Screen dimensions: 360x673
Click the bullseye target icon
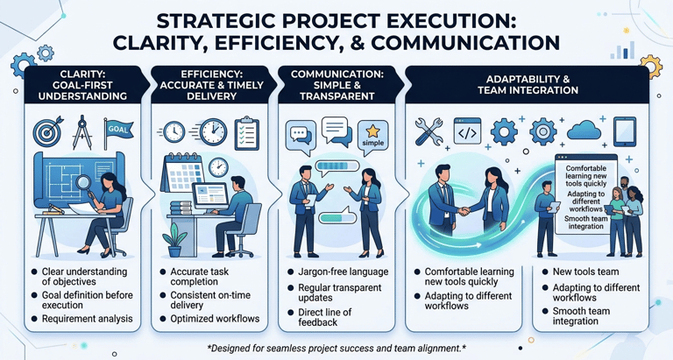(48, 132)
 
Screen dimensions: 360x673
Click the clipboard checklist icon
(246, 133)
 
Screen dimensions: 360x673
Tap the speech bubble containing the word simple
(372, 135)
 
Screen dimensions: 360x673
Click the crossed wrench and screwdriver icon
(431, 132)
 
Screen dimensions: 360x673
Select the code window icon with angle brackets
(466, 132)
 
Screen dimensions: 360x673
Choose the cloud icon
(583, 131)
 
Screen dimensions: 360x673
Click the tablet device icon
(624, 131)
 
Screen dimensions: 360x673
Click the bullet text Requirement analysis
(87, 319)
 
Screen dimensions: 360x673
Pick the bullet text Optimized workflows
(215, 319)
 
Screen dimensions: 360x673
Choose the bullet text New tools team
(585, 272)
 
